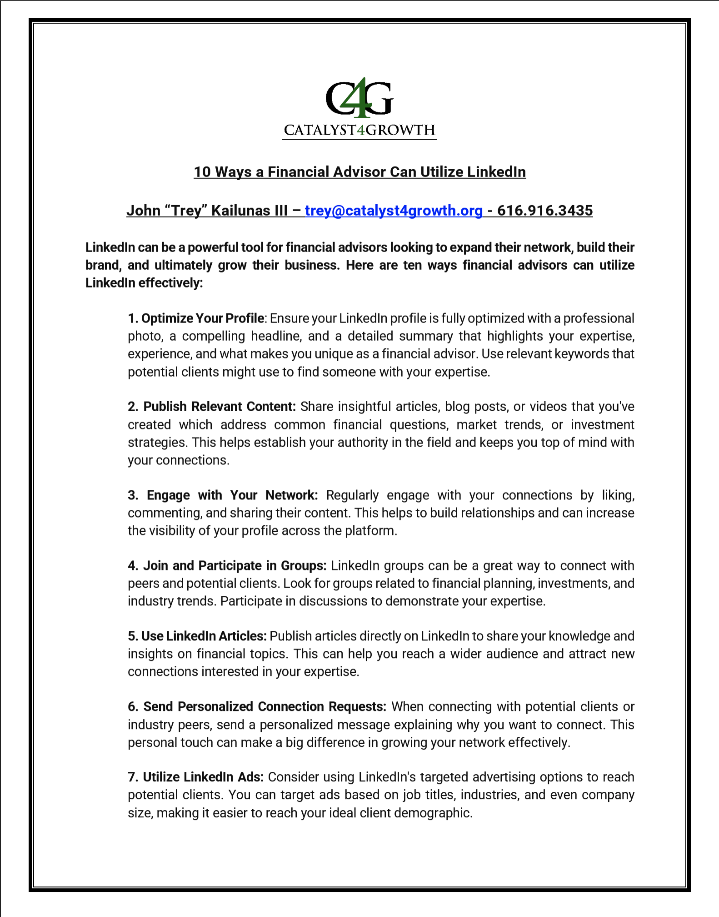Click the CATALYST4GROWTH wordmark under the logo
click(359, 131)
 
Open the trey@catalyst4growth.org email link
click(394, 211)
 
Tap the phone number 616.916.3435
click(545, 211)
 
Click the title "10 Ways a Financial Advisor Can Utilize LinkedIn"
click(359, 172)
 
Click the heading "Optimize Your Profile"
click(202, 318)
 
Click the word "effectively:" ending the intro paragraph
click(170, 283)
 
